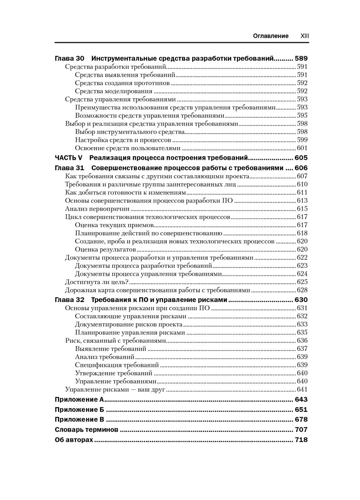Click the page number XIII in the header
point(305,36)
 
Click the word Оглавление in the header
point(271,36)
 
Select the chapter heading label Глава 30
point(69,58)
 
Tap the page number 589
point(301,58)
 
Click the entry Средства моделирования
point(113,91)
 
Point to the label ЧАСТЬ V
point(68,158)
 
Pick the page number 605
point(301,158)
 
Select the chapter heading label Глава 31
point(69,168)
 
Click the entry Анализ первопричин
point(97,209)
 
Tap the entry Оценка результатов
point(105,249)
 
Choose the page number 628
point(302,290)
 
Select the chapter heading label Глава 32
point(69,300)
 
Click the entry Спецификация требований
point(117,365)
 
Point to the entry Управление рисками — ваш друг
point(115,389)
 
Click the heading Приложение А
point(79,400)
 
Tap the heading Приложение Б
point(79,410)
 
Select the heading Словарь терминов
point(86,430)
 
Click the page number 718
point(301,440)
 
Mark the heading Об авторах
point(74,440)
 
